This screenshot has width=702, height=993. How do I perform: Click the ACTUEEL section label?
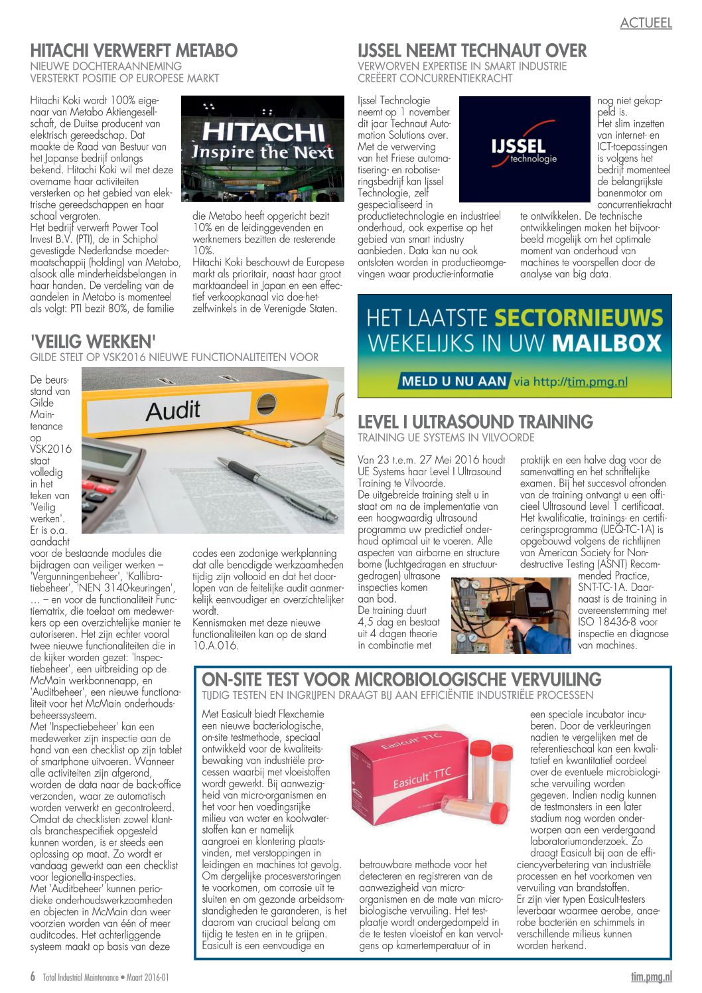tap(646, 23)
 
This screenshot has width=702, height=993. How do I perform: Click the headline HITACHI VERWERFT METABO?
tap(134, 50)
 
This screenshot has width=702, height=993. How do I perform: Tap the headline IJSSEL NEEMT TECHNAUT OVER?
tap(472, 50)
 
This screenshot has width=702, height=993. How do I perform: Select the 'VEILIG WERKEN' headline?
tap(93, 341)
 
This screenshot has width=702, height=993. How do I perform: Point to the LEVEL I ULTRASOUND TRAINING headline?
tap(475, 422)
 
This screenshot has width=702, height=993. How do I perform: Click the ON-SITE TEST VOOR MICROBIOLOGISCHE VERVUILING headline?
tap(401, 679)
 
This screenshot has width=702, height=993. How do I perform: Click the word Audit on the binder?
tap(173, 410)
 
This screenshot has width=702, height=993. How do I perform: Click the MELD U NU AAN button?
tap(454, 381)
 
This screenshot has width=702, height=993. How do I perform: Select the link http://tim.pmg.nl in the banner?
tap(581, 381)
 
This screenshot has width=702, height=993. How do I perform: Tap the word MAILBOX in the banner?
tap(607, 343)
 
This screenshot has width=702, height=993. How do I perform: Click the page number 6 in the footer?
tap(33, 976)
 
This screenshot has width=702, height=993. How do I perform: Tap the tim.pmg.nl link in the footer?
tap(651, 976)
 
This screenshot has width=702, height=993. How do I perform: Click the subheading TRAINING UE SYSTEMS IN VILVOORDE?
tap(445, 437)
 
